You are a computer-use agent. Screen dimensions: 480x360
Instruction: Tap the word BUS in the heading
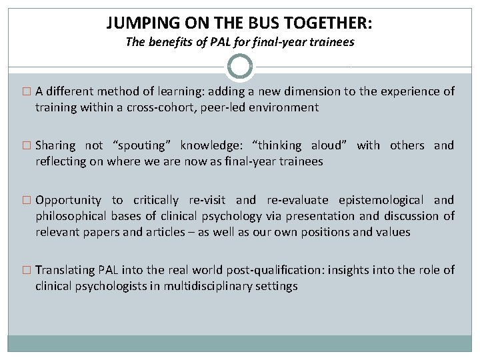pyautogui.click(x=255, y=23)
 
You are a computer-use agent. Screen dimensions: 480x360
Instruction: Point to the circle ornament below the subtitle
pyautogui.click(x=240, y=67)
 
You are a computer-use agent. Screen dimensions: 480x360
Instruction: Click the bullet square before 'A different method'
pyautogui.click(x=27, y=92)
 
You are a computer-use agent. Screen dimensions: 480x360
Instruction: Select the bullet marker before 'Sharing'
pyautogui.click(x=27, y=145)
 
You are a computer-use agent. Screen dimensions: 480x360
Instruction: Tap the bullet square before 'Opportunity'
pyautogui.click(x=27, y=200)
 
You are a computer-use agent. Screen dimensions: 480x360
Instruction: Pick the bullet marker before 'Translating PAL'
pyautogui.click(x=27, y=270)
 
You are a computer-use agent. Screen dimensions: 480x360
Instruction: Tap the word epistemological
pyautogui.click(x=381, y=200)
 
